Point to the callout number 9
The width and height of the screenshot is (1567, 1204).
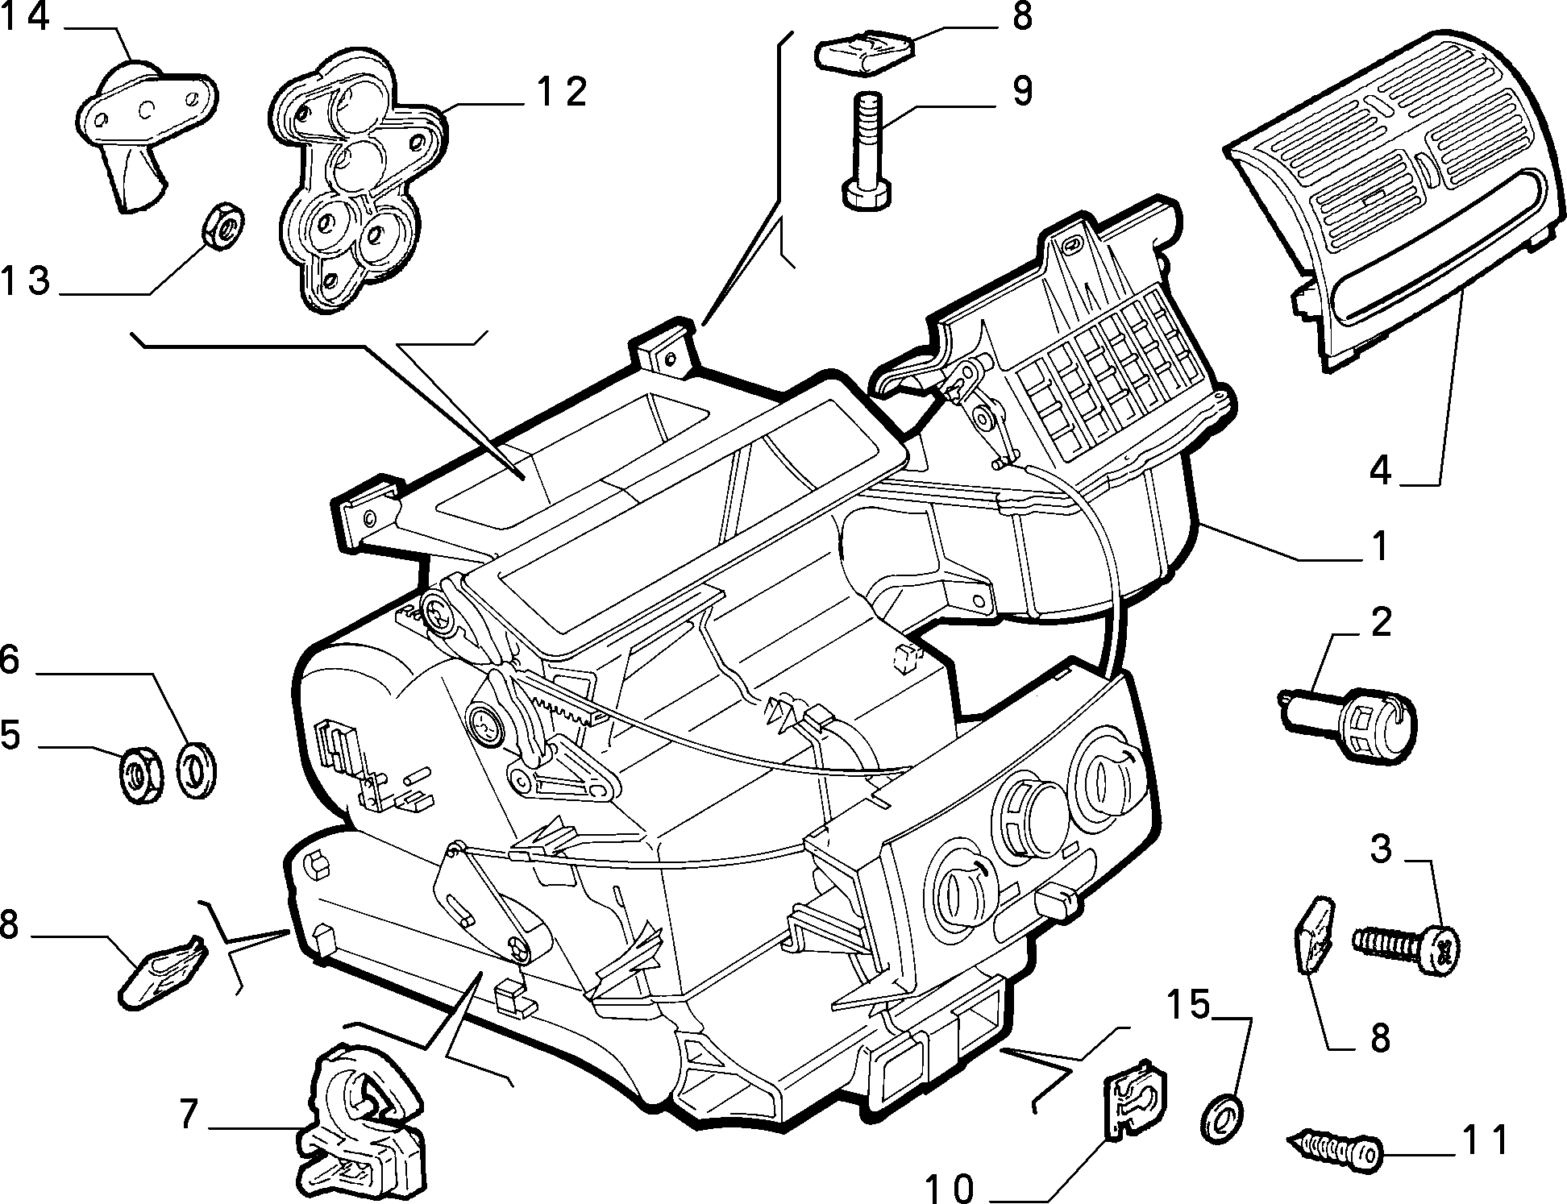(1021, 92)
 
